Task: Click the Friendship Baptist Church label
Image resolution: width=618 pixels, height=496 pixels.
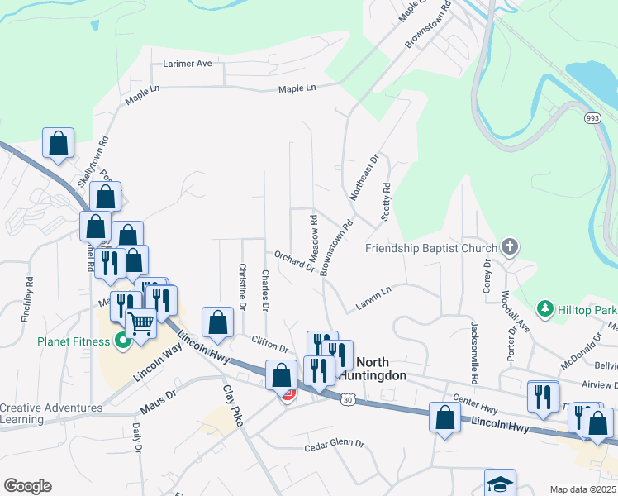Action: click(x=430, y=248)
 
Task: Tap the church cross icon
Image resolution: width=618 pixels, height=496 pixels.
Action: click(x=510, y=247)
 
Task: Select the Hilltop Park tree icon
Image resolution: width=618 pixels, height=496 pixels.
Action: click(x=544, y=309)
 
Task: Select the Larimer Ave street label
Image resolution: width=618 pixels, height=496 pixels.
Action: click(x=188, y=63)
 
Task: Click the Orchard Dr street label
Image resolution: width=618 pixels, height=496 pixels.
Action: click(x=295, y=261)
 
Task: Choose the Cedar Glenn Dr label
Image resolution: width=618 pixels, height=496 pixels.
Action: click(x=334, y=445)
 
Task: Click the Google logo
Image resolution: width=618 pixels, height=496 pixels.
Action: click(x=27, y=485)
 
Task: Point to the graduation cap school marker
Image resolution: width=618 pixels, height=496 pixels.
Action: click(x=499, y=483)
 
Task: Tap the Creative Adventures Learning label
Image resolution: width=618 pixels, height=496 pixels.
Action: click(x=51, y=413)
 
